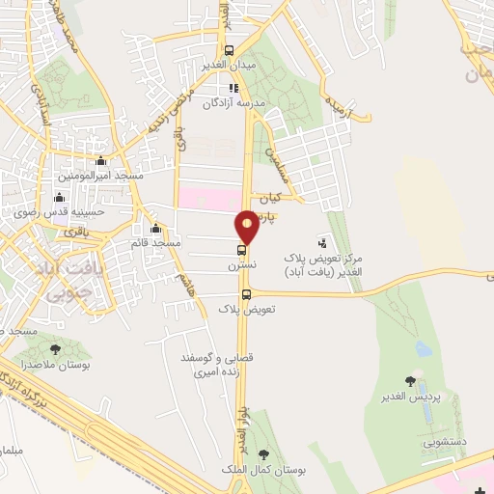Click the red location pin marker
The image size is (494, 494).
coord(248,227)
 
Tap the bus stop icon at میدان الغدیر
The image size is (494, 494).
coord(229,51)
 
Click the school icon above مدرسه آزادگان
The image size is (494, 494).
coord(233,88)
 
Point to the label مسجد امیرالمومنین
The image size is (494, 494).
coord(101,177)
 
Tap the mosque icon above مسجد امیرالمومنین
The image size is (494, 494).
coord(101,162)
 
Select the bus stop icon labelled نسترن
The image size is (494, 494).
coord(241,250)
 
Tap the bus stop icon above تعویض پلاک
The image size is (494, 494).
coord(246,294)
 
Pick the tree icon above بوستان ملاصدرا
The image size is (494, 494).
coord(55,350)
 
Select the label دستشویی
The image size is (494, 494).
coord(443,440)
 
